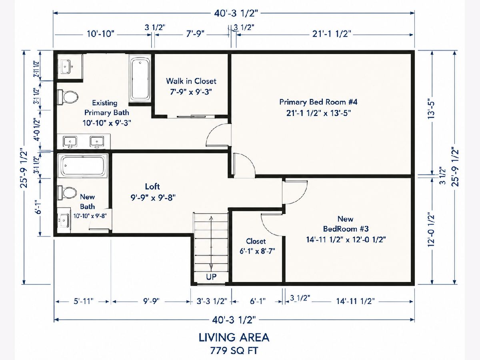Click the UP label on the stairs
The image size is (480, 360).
coord(211,277)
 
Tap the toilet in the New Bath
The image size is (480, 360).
coord(67,193)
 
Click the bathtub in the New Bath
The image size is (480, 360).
coord(83,166)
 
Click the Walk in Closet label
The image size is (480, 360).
coord(191,81)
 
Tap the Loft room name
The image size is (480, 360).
coord(152,186)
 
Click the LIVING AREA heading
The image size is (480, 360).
coord(234,338)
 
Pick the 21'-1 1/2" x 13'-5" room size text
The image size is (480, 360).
coord(318,113)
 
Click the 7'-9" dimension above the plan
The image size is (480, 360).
coord(195,34)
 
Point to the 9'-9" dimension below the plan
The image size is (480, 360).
coord(151,302)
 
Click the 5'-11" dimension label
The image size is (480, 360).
coord(84,302)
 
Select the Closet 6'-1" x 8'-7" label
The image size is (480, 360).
coord(257,246)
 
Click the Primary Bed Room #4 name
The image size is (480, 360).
coord(318,102)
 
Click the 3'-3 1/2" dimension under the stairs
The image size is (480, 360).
coord(212,302)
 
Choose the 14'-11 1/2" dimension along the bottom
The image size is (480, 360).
coord(355,302)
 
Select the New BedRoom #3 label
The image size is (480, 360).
coord(346,224)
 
